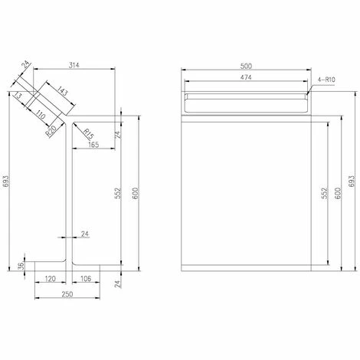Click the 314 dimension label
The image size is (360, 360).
74,65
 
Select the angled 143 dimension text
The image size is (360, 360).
62,91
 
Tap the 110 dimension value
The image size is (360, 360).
41,115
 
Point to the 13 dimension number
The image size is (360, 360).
18,96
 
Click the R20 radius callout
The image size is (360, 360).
51,131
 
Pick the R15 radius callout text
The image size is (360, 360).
88,134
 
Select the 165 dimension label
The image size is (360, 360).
93,145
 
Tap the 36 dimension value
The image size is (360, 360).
22,266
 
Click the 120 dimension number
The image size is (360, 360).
50,279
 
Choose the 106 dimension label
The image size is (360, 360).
86,279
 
